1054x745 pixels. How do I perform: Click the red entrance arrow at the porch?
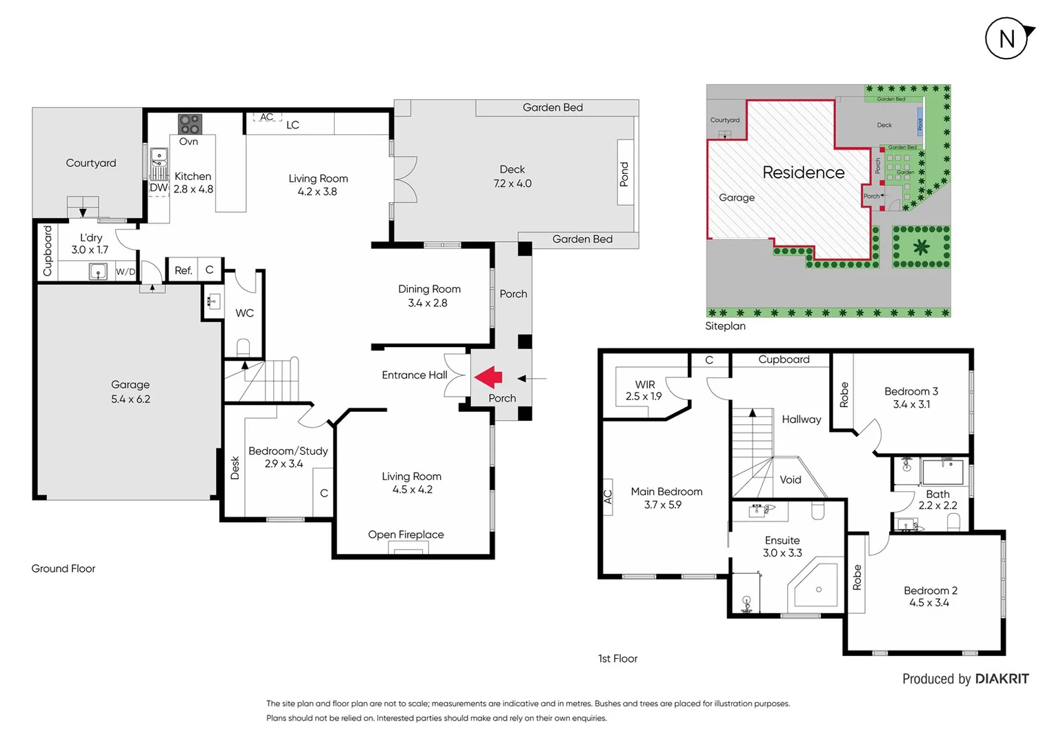pyautogui.click(x=488, y=377)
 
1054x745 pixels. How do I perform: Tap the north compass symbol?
pyautogui.click(x=1007, y=39)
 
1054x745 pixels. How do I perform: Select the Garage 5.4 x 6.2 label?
pyautogui.click(x=130, y=392)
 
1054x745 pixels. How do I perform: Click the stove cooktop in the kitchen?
pyautogui.click(x=190, y=124)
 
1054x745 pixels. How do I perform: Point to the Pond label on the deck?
pyautogui.click(x=624, y=175)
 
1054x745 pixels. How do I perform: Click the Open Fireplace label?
pyautogui.click(x=406, y=535)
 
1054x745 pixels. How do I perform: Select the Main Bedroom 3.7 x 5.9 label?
pyautogui.click(x=666, y=498)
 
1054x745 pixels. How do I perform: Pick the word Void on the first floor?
pyautogui.click(x=790, y=479)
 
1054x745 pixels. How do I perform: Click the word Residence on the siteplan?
pyautogui.click(x=803, y=172)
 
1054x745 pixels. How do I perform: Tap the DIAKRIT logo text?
pyautogui.click(x=1002, y=679)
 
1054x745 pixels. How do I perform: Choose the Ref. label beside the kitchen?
pyautogui.click(x=183, y=270)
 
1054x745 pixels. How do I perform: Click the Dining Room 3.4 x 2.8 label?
pyautogui.click(x=429, y=295)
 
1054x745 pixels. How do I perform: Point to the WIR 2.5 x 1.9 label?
pyautogui.click(x=644, y=390)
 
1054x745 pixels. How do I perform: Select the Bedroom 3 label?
pyautogui.click(x=911, y=391)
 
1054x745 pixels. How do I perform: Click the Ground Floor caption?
pyautogui.click(x=63, y=568)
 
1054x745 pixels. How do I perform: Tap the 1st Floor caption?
pyautogui.click(x=617, y=659)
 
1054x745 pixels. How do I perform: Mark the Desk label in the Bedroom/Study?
pyautogui.click(x=235, y=468)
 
